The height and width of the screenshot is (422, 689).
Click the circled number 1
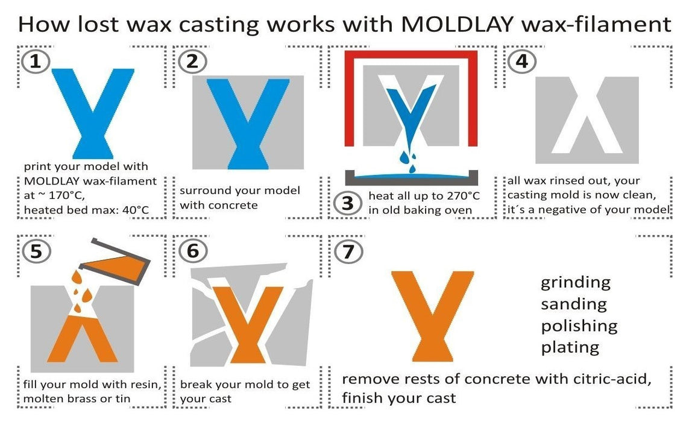point(36,61)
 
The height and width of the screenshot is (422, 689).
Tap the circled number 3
point(348,203)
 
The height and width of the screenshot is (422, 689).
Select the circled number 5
point(37,251)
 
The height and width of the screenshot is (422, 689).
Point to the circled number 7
point(348,251)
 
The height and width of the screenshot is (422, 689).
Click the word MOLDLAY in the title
point(457,24)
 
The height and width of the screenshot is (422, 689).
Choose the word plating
point(570,347)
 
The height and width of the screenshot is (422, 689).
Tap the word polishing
point(579,326)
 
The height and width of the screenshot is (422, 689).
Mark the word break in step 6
point(194,385)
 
